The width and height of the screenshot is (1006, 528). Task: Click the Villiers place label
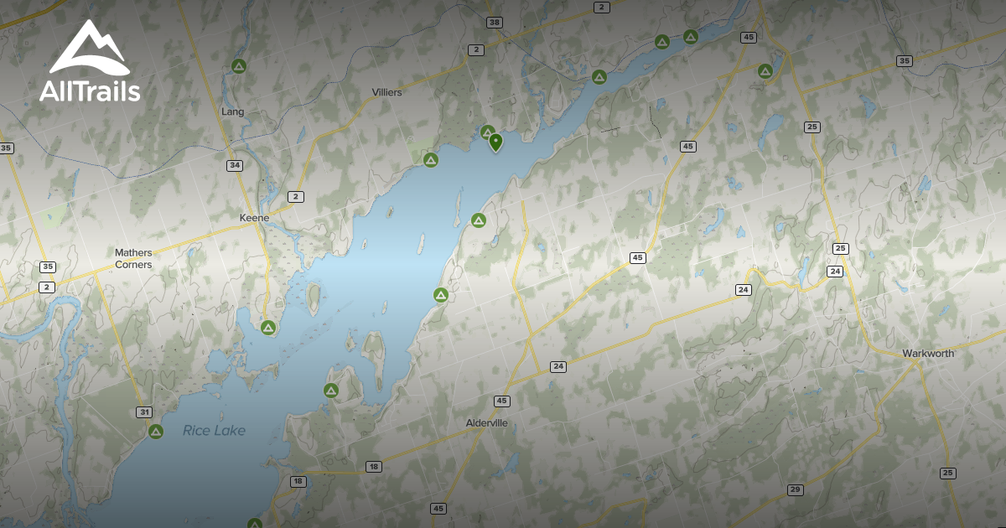point(386,92)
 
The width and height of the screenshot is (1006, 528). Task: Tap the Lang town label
point(232,111)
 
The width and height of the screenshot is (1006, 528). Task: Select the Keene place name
point(254,218)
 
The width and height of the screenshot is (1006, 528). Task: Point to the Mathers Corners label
point(133,258)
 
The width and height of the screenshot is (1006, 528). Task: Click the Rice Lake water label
point(215,431)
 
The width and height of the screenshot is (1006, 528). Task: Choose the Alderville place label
point(487,423)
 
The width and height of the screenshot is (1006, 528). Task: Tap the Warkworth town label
point(928,354)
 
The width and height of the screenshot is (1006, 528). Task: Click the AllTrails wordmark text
point(90,91)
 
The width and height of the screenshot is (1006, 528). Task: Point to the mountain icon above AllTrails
point(88,49)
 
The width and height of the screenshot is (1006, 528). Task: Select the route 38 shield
point(495,22)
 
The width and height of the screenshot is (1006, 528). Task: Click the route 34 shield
point(235,165)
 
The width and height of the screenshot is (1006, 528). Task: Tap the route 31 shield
point(144,412)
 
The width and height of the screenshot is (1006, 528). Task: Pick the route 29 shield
point(795,489)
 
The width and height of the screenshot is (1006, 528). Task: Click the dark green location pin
point(495,142)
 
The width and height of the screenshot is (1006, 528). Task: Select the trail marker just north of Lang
point(238,66)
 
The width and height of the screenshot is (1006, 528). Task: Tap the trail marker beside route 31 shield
point(156,432)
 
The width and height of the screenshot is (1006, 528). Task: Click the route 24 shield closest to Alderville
point(558,366)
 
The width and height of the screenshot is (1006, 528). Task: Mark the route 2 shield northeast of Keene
point(295,196)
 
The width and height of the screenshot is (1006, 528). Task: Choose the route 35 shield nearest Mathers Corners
point(47,267)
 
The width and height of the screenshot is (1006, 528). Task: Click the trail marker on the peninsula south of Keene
point(268,327)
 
